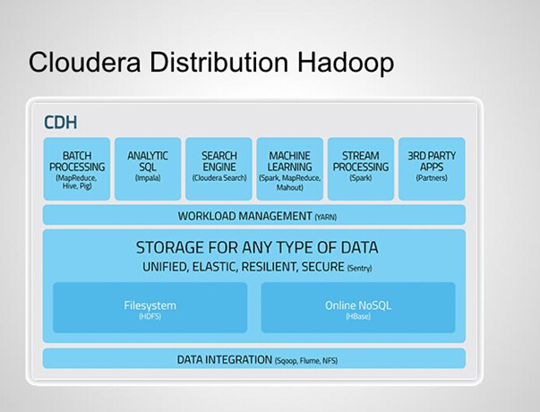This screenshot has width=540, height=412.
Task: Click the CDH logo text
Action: pyautogui.click(x=61, y=123)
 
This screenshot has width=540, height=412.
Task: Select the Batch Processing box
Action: pyautogui.click(x=77, y=168)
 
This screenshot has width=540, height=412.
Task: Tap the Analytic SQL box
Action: pyautogui.click(x=148, y=168)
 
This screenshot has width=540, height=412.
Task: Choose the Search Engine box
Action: pyautogui.click(x=219, y=168)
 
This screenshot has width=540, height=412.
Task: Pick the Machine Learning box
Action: pyautogui.click(x=289, y=168)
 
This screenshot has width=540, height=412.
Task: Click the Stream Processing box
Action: pyautogui.click(x=361, y=168)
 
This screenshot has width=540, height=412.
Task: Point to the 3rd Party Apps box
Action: pyautogui.click(x=432, y=168)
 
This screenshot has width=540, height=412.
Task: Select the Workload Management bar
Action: pyautogui.click(x=254, y=215)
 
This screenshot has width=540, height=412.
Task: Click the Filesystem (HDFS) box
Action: pyautogui.click(x=150, y=307)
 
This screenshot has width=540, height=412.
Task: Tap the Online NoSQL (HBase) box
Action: pyautogui.click(x=358, y=307)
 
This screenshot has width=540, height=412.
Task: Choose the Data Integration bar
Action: pyautogui.click(x=254, y=358)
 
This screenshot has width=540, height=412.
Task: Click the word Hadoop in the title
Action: pyautogui.click(x=346, y=63)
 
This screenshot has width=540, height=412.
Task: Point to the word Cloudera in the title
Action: pyautogui.click(x=85, y=62)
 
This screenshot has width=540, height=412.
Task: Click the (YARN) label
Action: pyautogui.click(x=325, y=217)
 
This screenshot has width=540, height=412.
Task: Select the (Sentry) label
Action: pyautogui.click(x=359, y=268)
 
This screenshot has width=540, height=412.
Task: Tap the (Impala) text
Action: pyautogui.click(x=148, y=178)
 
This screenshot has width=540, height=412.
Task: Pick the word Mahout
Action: pyautogui.click(x=289, y=187)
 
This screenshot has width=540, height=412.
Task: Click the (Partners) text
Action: pyautogui.click(x=432, y=178)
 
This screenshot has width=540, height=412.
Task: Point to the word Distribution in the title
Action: pyautogui.click(x=219, y=62)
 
